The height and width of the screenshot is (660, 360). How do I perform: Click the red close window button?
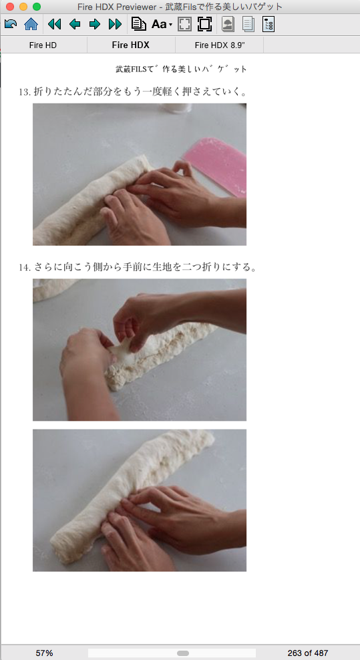point(10,7)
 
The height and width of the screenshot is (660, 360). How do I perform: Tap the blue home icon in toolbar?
point(31,25)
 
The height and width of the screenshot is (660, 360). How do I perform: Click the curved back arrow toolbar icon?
point(11,25)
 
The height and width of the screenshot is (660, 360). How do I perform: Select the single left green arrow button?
point(75,25)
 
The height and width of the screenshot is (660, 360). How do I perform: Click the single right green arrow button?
point(95,25)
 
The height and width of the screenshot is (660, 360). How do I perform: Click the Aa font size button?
point(161,25)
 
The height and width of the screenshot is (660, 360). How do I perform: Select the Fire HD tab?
point(43,45)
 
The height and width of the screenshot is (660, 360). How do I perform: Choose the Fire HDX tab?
point(130,45)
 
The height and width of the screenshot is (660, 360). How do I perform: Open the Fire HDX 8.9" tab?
point(219,45)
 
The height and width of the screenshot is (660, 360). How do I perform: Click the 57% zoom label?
point(44,653)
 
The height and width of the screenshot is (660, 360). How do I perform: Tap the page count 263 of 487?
point(307,653)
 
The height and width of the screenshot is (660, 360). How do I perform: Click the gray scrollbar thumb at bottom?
point(182,653)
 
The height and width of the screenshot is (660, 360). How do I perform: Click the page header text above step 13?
point(181,69)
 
